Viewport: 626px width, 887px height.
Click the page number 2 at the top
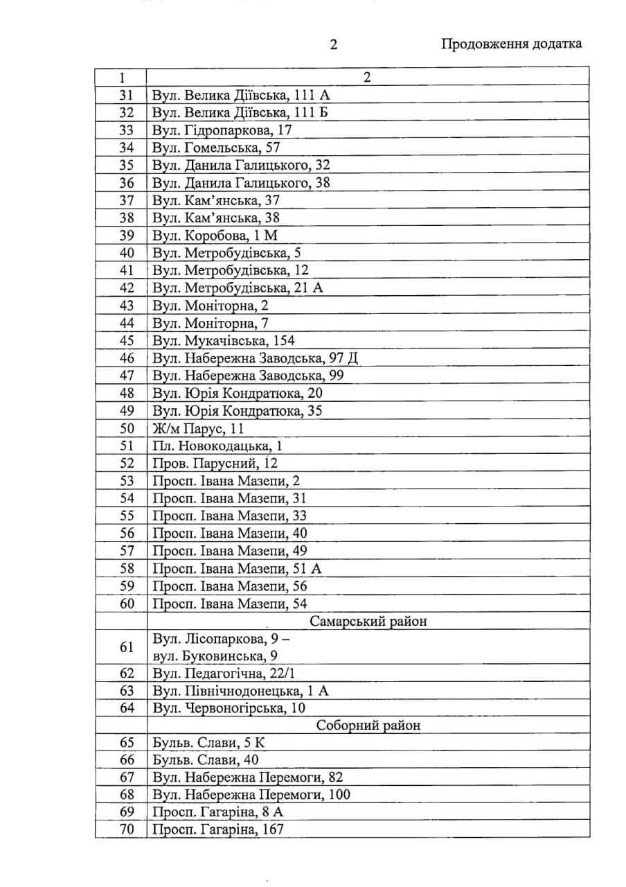pos(333,45)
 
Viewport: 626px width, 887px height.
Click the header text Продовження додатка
pos(511,44)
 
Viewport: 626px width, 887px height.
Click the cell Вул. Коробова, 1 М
pos(215,235)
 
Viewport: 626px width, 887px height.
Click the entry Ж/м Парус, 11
pos(198,428)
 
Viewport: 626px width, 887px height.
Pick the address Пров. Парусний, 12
pos(215,464)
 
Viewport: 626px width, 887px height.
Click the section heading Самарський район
pos(368,621)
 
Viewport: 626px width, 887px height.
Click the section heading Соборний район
pos(368,726)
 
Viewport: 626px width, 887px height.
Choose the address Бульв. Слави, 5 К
pos(208,743)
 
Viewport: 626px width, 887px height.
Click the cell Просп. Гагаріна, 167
pos(217,829)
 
